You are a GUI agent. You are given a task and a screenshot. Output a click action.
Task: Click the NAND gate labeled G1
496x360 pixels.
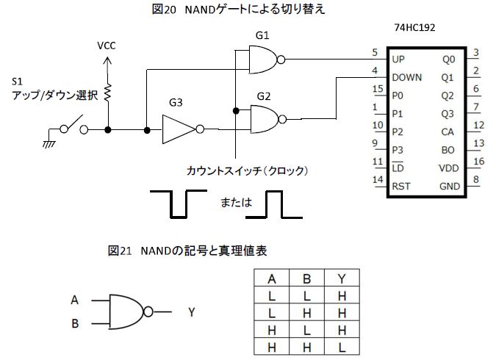pyautogui.click(x=263, y=58)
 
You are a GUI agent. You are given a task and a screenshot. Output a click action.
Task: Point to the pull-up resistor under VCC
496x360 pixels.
pyautogui.click(x=108, y=93)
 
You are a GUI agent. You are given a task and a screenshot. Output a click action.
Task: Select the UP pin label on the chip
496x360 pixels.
pyautogui.click(x=398, y=59)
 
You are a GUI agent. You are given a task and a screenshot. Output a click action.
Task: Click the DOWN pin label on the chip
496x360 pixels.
pyautogui.click(x=407, y=76)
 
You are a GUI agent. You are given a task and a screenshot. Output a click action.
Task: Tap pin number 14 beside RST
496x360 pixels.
pyautogui.click(x=378, y=179)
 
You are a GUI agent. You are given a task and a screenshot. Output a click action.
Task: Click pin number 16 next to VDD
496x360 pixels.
pyautogui.click(x=478, y=161)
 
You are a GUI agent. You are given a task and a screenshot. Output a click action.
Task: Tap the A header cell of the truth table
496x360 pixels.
pyautogui.click(x=272, y=278)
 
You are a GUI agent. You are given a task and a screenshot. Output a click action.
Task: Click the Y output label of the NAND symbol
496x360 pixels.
pyautogui.click(x=191, y=312)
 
